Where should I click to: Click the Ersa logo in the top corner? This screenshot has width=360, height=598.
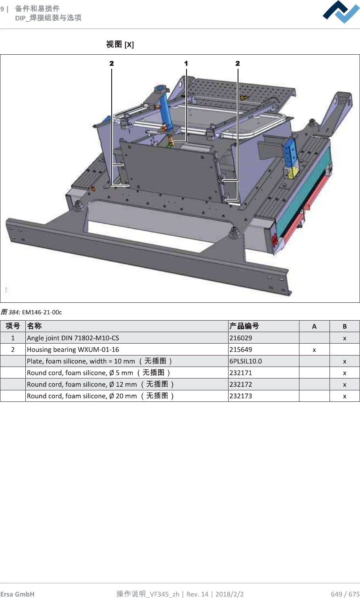pyautogui.click(x=341, y=12)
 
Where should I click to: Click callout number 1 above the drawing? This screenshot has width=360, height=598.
pyautogui.click(x=186, y=63)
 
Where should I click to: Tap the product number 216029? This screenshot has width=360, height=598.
pyautogui.click(x=241, y=338)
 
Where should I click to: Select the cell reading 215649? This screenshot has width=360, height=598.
pyautogui.click(x=241, y=350)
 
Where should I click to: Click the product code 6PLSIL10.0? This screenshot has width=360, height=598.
pyautogui.click(x=246, y=361)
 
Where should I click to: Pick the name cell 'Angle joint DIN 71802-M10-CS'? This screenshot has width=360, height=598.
pyautogui.click(x=73, y=338)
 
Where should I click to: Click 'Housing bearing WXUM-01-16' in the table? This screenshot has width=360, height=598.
pyautogui.click(x=73, y=350)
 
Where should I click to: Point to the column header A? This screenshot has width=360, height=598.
pyautogui.click(x=314, y=326)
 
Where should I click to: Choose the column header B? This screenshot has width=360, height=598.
pyautogui.click(x=345, y=326)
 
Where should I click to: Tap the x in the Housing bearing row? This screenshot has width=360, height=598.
pyautogui.click(x=314, y=350)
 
